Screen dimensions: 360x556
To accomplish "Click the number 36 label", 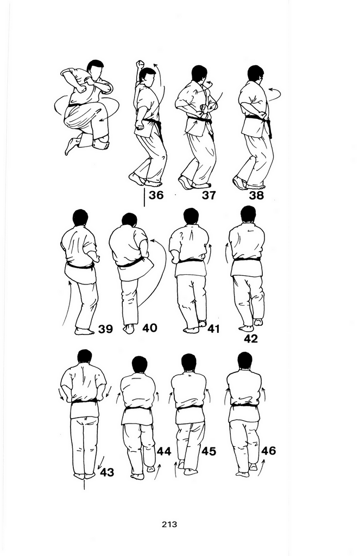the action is (156, 195).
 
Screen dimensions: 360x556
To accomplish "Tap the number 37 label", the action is (209, 195).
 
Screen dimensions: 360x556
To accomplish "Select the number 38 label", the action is (256, 195).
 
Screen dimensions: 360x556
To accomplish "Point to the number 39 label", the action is (105, 329).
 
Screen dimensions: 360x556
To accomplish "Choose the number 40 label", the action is (150, 328).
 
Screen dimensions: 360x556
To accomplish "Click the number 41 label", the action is (213, 328).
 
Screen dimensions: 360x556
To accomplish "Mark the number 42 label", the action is (251, 339).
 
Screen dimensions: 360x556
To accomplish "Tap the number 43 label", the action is (107, 472).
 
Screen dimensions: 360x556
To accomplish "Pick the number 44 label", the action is (164, 451).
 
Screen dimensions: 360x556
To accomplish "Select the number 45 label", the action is (209, 451).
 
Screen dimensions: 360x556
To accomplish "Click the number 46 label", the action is (268, 450).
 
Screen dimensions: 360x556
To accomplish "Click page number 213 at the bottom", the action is (169, 524).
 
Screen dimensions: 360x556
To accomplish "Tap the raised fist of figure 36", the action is (141, 65).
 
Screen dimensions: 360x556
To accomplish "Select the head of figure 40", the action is (129, 220).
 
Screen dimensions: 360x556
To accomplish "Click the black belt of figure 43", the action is (84, 401).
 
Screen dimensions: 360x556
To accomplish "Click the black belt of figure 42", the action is (247, 259).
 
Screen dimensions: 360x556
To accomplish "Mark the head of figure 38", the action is (255, 74).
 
